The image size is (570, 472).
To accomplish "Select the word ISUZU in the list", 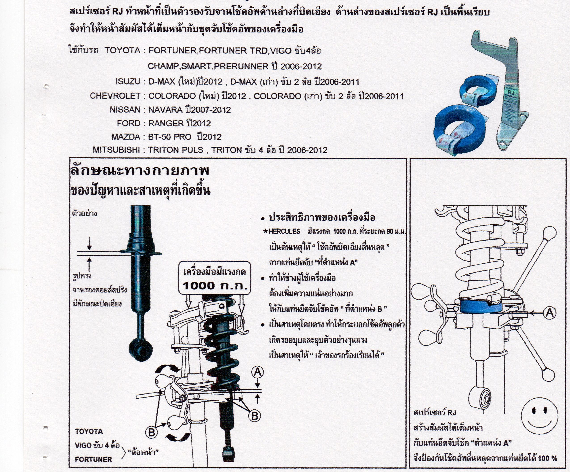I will pos(128,81).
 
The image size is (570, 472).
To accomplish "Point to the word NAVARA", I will pos(165,110).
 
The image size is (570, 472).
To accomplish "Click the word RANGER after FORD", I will pos(166,123).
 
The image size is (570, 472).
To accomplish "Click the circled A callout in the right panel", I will pos(550,313).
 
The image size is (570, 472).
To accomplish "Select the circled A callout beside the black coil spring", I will pos(258,372).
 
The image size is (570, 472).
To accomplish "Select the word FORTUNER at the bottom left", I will pos(93,459).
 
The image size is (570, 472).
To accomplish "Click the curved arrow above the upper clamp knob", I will pos(167,368).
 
